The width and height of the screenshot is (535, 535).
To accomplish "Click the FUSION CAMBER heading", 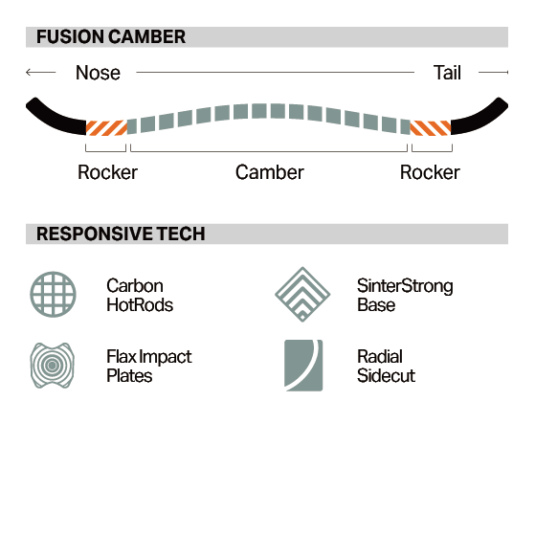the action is coord(111,37).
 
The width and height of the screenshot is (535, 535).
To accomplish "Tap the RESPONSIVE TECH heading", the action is coord(121,234).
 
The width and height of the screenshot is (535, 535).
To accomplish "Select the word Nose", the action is coord(98,73).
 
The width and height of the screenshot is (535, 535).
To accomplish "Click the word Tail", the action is coord(447,73).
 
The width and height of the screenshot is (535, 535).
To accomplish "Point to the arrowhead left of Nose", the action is coord(29,73).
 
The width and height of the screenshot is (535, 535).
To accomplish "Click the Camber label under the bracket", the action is coord(270,172).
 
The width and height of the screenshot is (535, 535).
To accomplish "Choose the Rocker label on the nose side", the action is coord(107,172).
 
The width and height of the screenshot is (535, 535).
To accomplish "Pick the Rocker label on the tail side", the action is coord(430,172).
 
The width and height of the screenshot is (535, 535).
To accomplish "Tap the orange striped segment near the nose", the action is coord(106,128).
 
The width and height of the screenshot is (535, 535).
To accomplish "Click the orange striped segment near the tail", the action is coord(431,128).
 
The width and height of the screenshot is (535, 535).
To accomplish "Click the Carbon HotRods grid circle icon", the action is coord(53,294).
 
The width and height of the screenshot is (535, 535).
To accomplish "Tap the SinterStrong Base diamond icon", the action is coord(302,294).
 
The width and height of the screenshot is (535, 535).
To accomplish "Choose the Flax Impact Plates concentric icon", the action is coord(53,366).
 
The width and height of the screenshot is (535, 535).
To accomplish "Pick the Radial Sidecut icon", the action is coord(303,366).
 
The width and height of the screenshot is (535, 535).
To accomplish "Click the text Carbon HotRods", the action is coord(140,296).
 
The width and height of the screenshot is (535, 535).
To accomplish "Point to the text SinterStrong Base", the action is coord(405,296).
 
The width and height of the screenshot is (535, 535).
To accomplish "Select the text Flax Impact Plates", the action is coord(149,367).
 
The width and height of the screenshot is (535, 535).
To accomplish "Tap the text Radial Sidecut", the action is coord(386,367).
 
